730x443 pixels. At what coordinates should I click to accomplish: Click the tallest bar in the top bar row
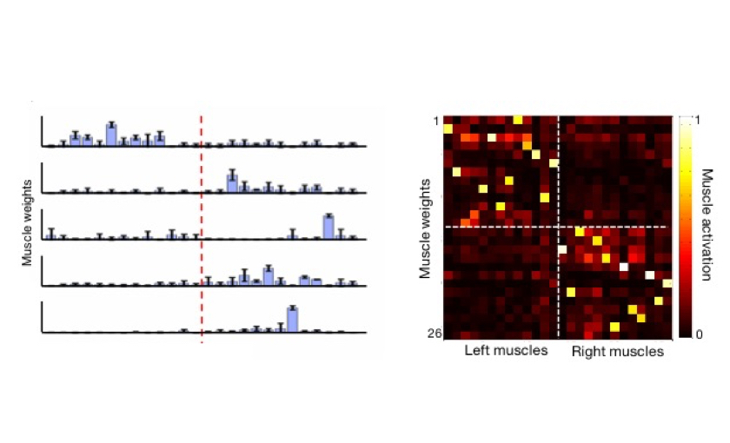pyautogui.click(x=111, y=135)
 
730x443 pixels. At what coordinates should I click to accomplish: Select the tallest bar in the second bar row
pyautogui.click(x=232, y=182)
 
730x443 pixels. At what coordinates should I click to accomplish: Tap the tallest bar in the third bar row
pyautogui.click(x=328, y=226)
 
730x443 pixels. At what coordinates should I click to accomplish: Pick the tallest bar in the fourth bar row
pyautogui.click(x=269, y=275)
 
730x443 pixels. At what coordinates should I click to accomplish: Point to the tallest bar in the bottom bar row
pyautogui.click(x=293, y=319)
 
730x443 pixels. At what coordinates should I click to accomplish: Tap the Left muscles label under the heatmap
pyautogui.click(x=506, y=352)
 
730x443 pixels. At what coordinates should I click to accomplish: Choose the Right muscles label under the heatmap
pyautogui.click(x=617, y=352)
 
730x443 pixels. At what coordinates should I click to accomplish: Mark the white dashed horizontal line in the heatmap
pyautogui.click(x=504, y=227)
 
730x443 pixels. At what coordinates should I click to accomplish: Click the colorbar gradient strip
pyautogui.click(x=687, y=226)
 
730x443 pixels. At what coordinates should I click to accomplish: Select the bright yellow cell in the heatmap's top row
pyautogui.click(x=518, y=120)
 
